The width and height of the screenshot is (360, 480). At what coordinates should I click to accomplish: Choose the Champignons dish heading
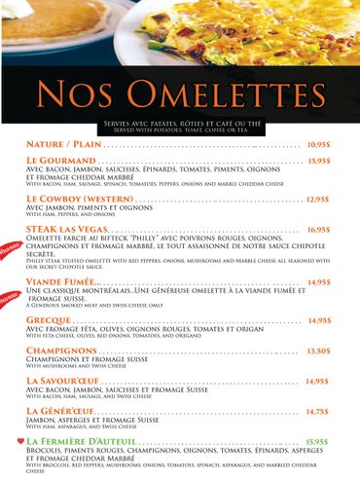(x=61, y=351)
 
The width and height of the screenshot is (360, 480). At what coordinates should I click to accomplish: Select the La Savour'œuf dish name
(x=67, y=381)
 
